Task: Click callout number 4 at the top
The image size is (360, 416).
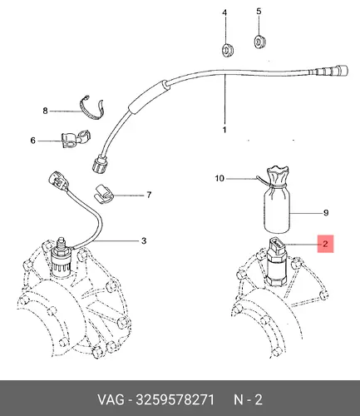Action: coord(224,12)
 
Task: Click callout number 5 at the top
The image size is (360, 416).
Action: coord(259,12)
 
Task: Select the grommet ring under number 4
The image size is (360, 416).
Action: coord(228,50)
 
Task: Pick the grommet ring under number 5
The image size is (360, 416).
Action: coord(260,42)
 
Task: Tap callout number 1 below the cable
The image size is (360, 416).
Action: coord(224,130)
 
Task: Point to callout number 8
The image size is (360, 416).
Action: coord(45,111)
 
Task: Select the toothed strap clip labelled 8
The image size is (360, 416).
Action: coord(92,109)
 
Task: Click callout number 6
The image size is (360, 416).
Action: coord(33,141)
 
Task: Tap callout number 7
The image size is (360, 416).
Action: coord(149,195)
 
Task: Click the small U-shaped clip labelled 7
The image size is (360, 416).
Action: coord(104,195)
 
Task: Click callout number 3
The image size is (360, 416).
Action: coord(144,240)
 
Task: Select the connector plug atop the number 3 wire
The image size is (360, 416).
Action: coord(58,181)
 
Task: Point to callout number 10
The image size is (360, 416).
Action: coord(219,178)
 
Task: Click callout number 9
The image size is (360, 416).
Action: coord(326,213)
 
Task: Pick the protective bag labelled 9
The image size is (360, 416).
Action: coord(277,200)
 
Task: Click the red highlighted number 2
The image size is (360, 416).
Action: coord(325,244)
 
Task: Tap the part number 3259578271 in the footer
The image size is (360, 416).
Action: coord(175,400)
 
